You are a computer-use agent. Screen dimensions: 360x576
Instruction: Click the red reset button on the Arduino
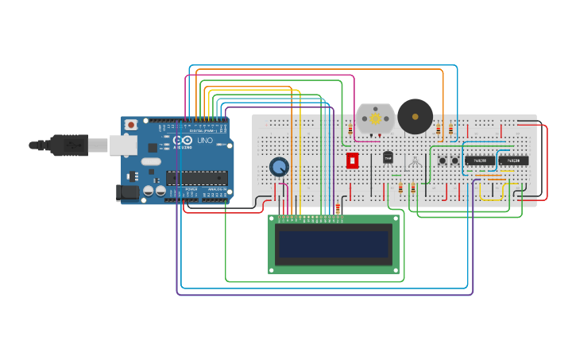pos(131,126)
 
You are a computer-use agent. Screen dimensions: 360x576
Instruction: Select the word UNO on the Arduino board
pos(205,141)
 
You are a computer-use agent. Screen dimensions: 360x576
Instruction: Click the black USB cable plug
pos(68,145)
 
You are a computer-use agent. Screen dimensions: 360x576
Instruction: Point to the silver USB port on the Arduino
pos(123,145)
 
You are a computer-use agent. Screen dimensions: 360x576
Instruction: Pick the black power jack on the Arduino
pos(127,192)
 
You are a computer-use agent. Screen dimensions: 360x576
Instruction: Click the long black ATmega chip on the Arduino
pos(196,178)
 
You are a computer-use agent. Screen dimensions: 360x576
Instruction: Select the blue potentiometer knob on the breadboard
pos(279,166)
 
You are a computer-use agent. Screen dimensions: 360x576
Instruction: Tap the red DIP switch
pos(353,161)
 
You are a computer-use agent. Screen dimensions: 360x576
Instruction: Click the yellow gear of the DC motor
pos(375,118)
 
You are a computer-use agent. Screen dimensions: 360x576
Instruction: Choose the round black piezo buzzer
pos(415,117)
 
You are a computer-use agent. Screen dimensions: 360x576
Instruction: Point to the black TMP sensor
pos(389,157)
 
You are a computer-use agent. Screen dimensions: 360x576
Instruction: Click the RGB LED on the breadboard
pos(415,162)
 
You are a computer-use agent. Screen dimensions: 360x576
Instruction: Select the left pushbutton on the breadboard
pos(443,161)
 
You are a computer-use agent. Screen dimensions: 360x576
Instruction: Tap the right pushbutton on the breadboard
pos(455,161)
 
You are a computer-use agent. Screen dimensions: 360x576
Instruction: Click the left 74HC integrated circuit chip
pos(480,161)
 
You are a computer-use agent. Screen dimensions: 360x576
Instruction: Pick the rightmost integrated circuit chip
pos(513,161)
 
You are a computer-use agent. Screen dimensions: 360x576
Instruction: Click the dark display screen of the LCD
pos(334,244)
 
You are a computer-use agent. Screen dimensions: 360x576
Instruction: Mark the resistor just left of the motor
pos(350,129)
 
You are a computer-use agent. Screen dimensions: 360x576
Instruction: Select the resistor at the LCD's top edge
pos(338,211)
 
